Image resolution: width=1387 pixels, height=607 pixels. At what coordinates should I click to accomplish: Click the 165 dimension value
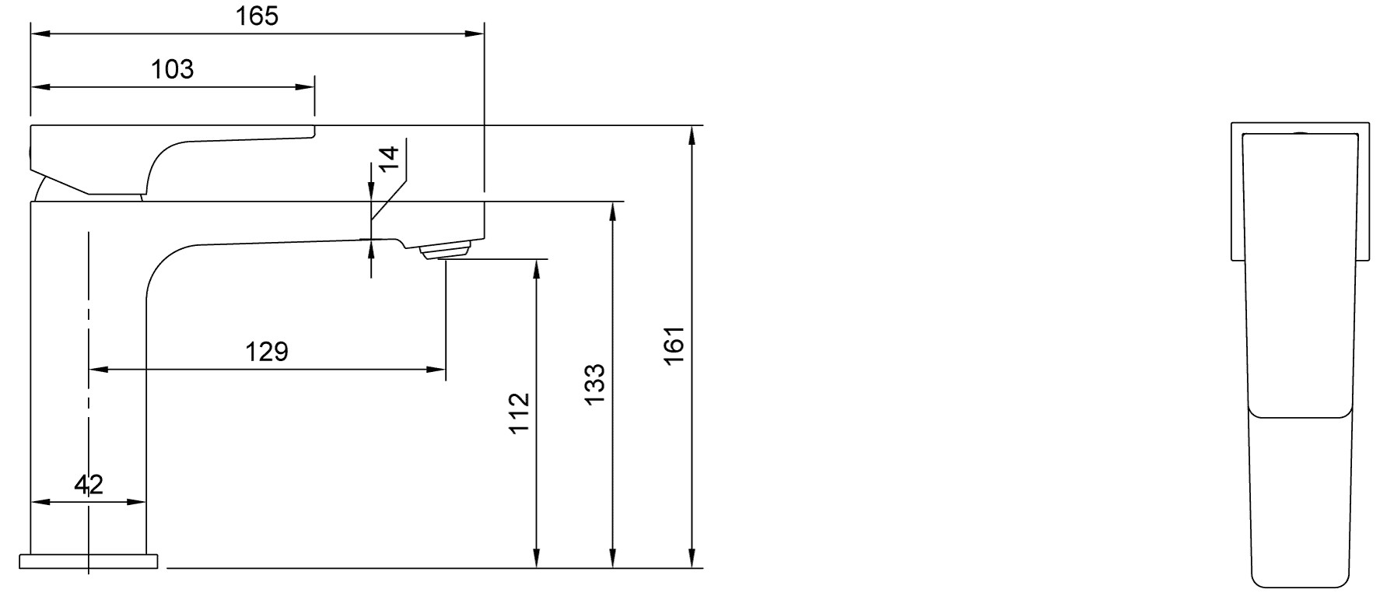(x=257, y=16)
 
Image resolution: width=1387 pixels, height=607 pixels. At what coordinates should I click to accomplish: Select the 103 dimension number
(x=172, y=69)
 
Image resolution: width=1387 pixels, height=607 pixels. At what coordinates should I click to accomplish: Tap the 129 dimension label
(x=267, y=352)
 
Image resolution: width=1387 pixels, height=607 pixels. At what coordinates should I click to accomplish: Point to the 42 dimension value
(x=89, y=485)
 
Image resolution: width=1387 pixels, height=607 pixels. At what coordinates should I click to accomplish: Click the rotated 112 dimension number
(x=520, y=413)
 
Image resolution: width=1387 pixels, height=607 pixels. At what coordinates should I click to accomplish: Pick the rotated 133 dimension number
(x=594, y=384)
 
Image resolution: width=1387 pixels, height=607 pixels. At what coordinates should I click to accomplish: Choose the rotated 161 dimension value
(x=673, y=346)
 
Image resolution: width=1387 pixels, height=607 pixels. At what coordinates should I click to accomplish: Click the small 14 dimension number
(x=389, y=157)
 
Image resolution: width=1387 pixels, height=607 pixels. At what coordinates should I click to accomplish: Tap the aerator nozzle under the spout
(x=446, y=251)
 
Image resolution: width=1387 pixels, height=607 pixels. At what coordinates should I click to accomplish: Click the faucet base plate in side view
(x=88, y=562)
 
